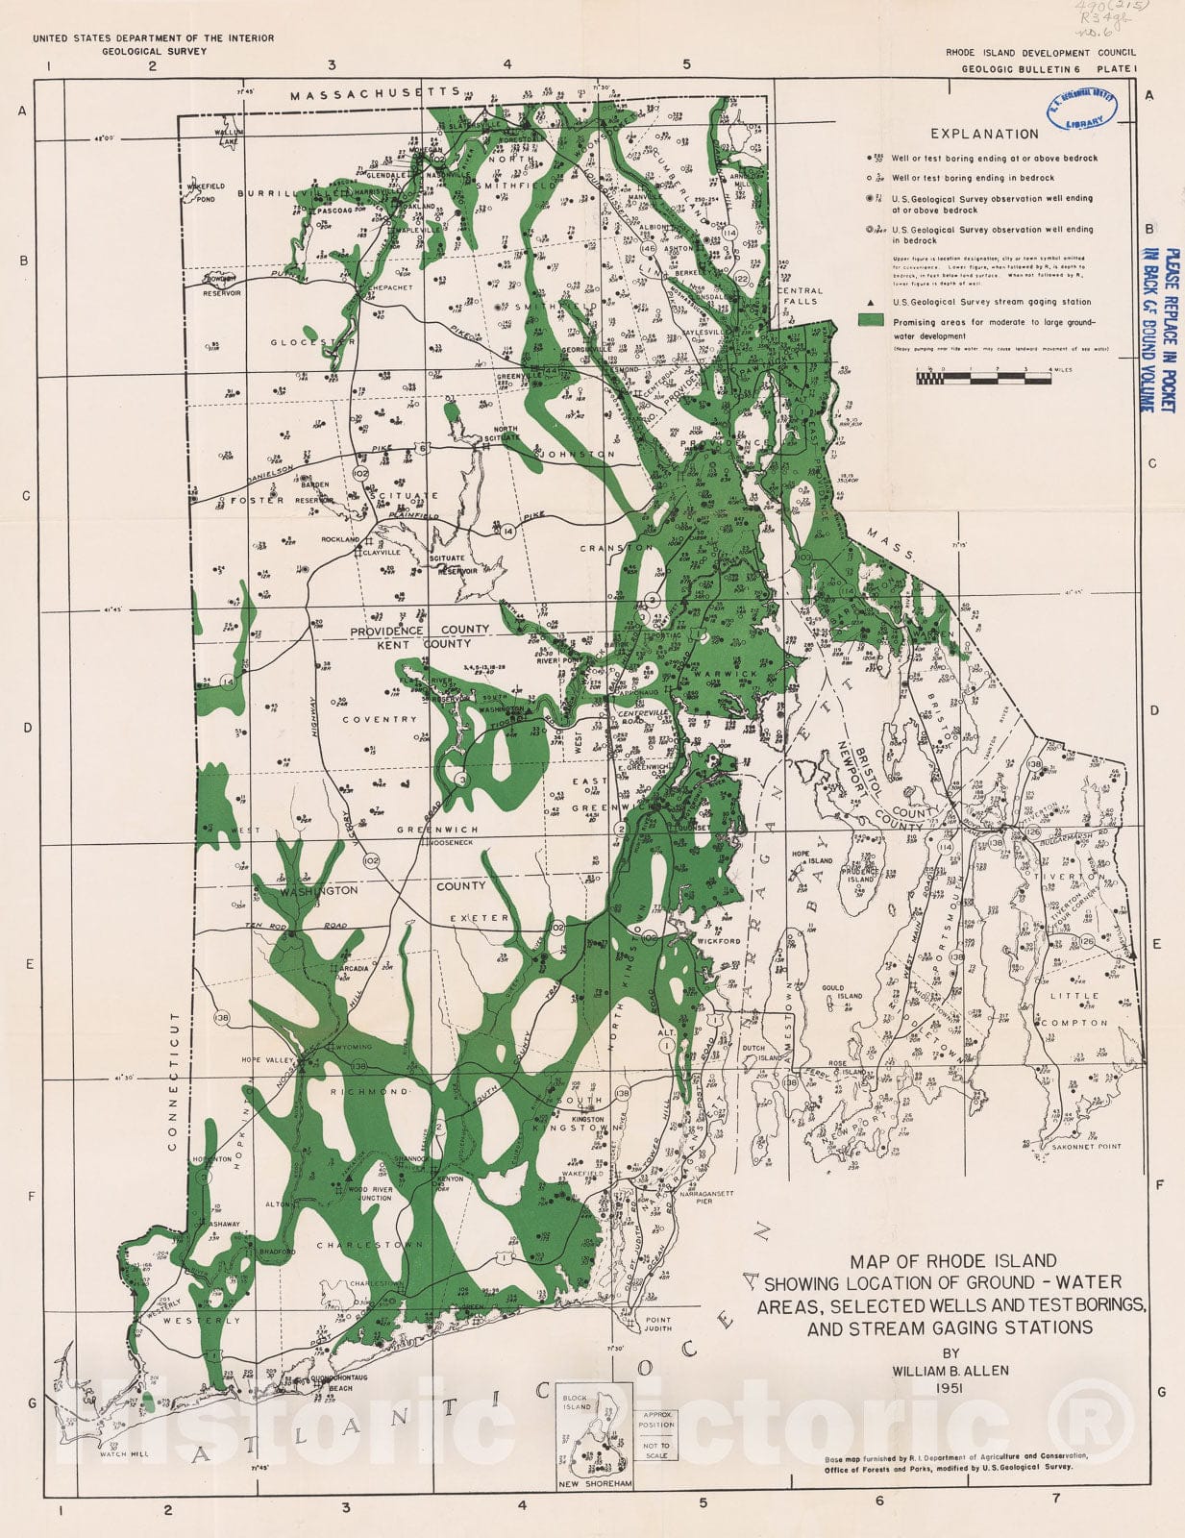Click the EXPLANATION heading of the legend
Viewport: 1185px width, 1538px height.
click(984, 135)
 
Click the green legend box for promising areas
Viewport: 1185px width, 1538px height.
click(872, 320)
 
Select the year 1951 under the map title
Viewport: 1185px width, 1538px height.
click(950, 1388)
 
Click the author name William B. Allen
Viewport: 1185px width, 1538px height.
click(950, 1370)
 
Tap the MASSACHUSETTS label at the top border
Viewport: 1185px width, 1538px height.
click(376, 94)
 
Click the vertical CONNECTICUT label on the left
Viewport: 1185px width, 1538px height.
click(174, 1080)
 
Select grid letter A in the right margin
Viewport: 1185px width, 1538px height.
click(1148, 95)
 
